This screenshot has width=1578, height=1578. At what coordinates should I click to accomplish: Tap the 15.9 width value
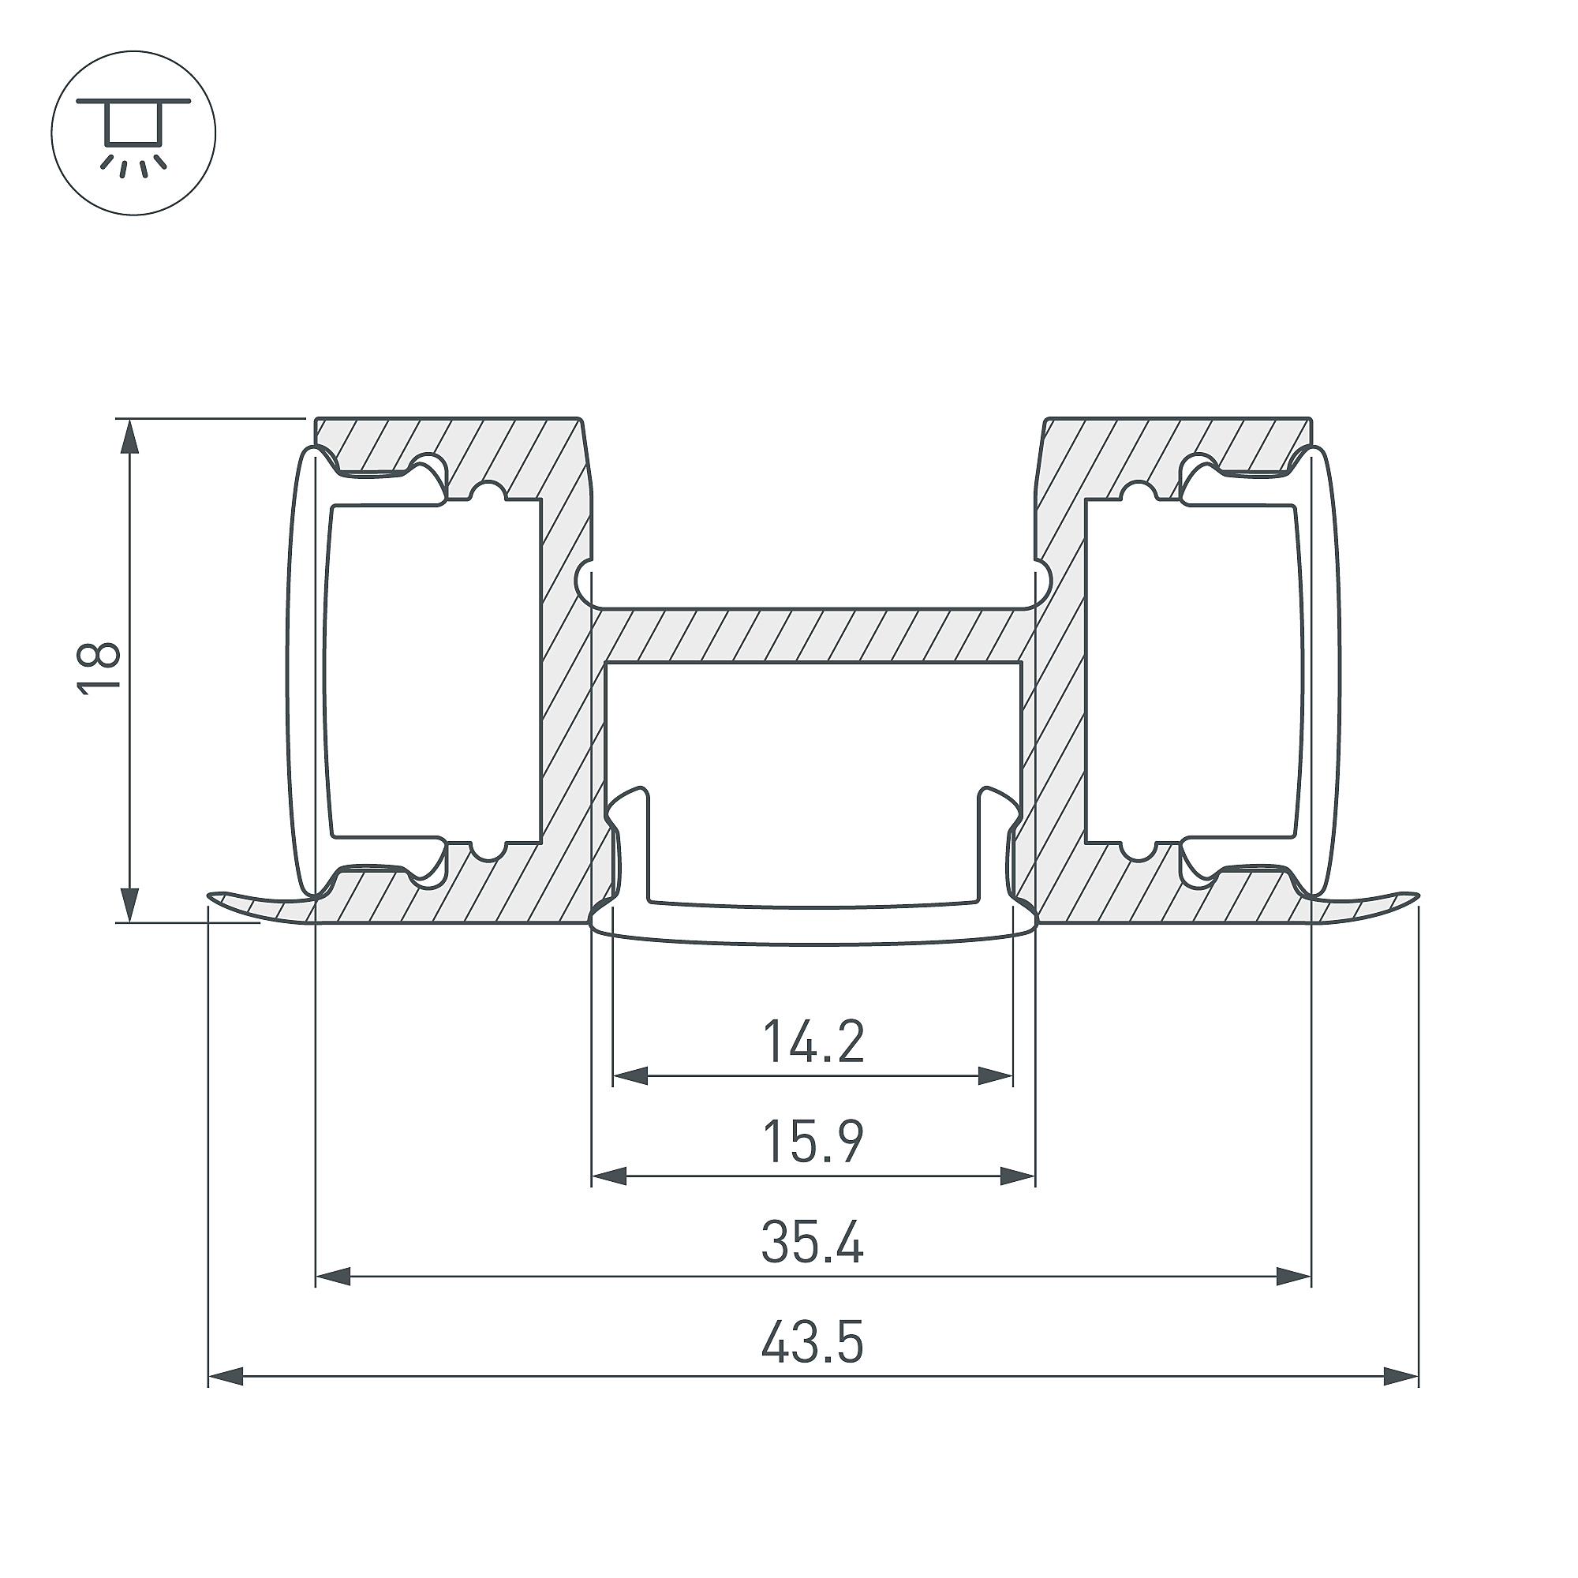(x=813, y=1142)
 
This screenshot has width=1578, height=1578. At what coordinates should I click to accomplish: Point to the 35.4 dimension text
(x=813, y=1243)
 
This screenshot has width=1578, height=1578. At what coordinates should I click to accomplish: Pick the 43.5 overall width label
(x=813, y=1344)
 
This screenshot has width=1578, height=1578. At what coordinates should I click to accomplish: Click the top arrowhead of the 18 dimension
(x=129, y=436)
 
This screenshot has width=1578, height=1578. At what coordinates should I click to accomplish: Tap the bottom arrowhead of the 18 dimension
(x=129, y=905)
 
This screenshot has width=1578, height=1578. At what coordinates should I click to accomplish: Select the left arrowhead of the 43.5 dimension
(x=226, y=1377)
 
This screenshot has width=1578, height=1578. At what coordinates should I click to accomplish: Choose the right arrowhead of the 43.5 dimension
(x=1400, y=1377)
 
